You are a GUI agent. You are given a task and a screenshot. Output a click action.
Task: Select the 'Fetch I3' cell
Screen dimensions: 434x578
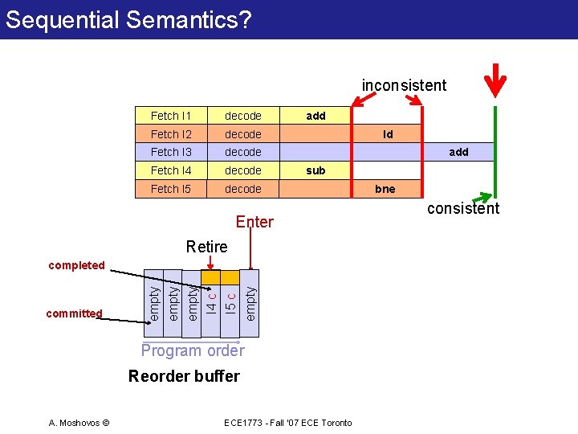tap(171, 152)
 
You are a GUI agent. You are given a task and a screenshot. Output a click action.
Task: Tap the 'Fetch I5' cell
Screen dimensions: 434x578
tap(171, 189)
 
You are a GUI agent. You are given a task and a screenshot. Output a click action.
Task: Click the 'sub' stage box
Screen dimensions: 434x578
tap(316, 170)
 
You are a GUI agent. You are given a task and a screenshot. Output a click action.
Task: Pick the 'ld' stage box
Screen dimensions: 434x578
tap(388, 134)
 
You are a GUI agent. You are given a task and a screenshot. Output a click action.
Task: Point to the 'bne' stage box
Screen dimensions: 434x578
tap(386, 189)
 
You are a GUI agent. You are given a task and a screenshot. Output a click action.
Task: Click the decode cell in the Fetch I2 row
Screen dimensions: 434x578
tap(242, 134)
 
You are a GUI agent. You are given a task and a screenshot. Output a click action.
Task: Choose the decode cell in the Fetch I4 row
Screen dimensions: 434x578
tap(242, 170)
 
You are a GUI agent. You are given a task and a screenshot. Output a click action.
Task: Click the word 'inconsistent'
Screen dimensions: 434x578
tap(404, 85)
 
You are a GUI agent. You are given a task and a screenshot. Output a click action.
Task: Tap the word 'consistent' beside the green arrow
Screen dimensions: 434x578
tap(463, 209)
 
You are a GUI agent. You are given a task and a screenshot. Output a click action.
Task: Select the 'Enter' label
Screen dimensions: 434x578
tap(254, 222)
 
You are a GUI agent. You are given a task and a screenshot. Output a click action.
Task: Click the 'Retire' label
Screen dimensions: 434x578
tap(206, 247)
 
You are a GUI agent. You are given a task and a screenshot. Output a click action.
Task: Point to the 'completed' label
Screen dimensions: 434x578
tap(76, 265)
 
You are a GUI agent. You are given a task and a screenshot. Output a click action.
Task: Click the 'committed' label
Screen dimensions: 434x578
tap(74, 313)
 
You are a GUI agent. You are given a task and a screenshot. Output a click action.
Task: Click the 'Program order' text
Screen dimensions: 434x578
tap(193, 350)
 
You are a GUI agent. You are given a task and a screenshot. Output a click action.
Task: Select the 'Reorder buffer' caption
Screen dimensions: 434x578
tap(184, 376)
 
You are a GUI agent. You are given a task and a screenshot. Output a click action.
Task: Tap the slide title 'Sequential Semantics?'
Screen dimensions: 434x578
tap(128, 19)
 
